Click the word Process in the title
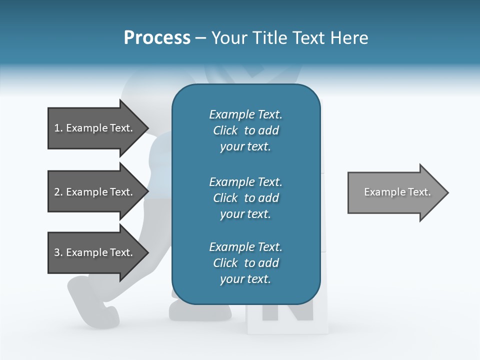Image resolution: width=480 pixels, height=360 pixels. coord(157,38)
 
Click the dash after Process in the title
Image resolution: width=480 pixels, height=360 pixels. coord(201,38)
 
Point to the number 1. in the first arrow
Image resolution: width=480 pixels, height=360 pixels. coord(58,128)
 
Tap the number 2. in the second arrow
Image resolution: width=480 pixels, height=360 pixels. coord(58,192)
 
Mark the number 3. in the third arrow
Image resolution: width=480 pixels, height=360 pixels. coord(58,253)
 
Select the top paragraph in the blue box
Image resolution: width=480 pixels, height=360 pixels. coord(245,130)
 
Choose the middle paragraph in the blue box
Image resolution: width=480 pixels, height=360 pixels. coord(245,198)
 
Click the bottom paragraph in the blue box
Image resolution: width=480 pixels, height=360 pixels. coord(245,263)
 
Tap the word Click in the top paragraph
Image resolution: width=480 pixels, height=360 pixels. coord(225,130)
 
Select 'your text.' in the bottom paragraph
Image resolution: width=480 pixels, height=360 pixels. coord(245,279)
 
